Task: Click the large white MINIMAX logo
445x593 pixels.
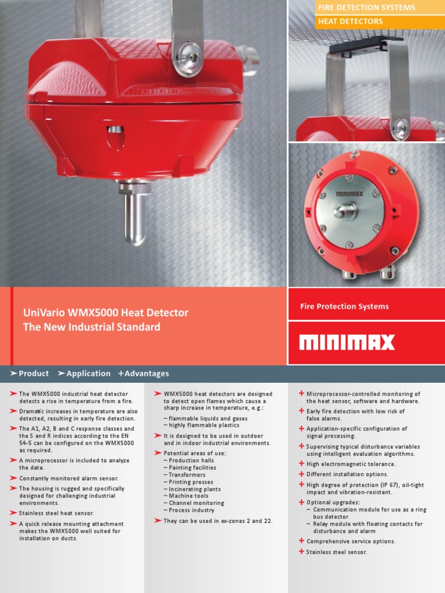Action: pyautogui.click(x=346, y=342)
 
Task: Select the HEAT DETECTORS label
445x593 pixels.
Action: pyautogui.click(x=350, y=21)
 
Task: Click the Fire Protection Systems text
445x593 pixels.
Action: pyautogui.click(x=344, y=306)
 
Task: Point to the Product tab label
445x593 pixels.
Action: pyautogui.click(x=34, y=374)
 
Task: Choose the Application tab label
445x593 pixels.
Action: pyautogui.click(x=89, y=374)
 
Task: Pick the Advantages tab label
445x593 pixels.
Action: pyautogui.click(x=147, y=374)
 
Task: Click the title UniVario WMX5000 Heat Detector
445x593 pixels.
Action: pyautogui.click(x=105, y=313)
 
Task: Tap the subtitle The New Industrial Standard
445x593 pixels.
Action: pyautogui.click(x=92, y=327)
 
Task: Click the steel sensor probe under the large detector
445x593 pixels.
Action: pyautogui.click(x=134, y=214)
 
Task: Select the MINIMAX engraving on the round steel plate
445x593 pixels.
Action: pyautogui.click(x=349, y=194)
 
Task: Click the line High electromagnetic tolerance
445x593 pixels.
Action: pyautogui.click(x=351, y=464)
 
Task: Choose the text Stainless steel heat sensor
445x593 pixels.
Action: pyautogui.click(x=56, y=513)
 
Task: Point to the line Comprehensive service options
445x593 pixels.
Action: pyautogui.click(x=351, y=541)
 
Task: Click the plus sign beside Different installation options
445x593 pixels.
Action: pyautogui.click(x=301, y=474)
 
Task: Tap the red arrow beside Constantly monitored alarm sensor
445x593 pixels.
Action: pyautogui.click(x=13, y=478)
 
